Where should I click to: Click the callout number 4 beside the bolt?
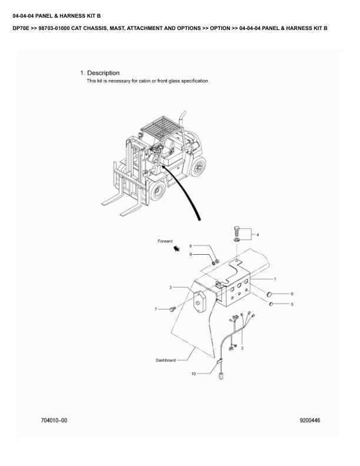pos(257,235)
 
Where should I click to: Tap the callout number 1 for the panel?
pos(275,278)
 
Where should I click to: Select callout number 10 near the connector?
pos(194,374)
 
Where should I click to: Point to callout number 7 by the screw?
pos(156,309)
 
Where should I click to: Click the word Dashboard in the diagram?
pos(165,360)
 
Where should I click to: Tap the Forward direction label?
pos(165,241)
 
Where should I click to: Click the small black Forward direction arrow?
pos(175,249)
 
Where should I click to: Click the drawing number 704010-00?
pos(54,421)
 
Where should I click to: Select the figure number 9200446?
pos(310,421)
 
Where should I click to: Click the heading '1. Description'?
pos(99,73)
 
